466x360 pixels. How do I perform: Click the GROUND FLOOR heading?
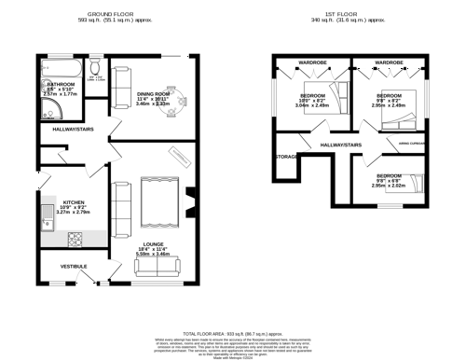click(x=110, y=15)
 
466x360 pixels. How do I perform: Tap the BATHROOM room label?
click(x=61, y=85)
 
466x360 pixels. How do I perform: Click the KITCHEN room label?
click(x=75, y=201)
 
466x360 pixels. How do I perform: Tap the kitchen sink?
click(x=46, y=219)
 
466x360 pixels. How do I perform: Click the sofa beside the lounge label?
click(x=158, y=267)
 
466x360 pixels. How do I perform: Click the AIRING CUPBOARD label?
click(x=412, y=144)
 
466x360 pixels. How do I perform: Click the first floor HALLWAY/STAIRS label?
click(x=340, y=145)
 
